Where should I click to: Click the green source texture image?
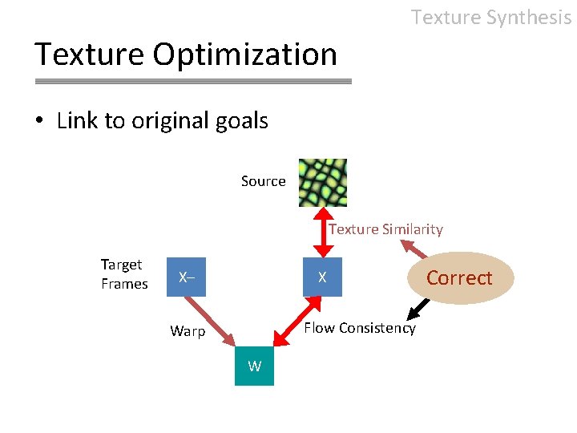tap(323, 182)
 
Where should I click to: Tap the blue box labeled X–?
tap(186, 277)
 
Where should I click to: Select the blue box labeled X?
tap(322, 277)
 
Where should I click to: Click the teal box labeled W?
tap(254, 366)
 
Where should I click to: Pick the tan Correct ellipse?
tap(458, 277)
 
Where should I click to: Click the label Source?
tap(263, 181)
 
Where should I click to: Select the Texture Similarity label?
tap(385, 229)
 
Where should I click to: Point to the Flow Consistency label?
tap(359, 328)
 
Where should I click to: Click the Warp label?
tap(188, 331)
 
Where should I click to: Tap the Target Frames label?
tap(124, 274)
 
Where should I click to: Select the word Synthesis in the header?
tap(527, 17)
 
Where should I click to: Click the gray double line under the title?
tap(193, 81)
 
